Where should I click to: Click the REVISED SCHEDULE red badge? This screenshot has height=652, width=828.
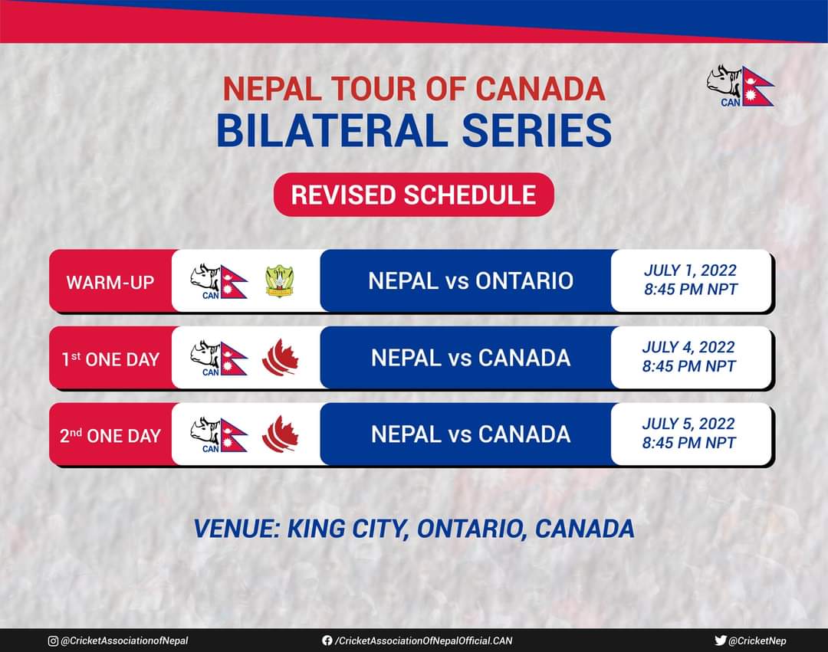413,195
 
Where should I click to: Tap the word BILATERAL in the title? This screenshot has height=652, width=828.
333,130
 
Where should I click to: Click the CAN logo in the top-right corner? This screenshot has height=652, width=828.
741,86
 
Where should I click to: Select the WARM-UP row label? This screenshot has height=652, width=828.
110,282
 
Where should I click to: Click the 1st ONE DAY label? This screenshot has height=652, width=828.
110,359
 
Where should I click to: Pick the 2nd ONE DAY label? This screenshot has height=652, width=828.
110,436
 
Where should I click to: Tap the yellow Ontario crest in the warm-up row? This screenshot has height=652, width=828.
280,281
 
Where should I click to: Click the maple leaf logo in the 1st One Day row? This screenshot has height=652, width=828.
280,358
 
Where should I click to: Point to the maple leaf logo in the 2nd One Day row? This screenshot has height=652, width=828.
280,434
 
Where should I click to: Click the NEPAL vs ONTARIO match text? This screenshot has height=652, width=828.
471,280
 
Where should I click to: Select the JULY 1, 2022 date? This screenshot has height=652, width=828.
690,270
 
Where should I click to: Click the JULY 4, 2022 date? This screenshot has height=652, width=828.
688,346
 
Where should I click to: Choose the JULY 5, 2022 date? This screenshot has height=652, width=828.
688,424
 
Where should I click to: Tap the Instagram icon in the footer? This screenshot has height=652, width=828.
53,641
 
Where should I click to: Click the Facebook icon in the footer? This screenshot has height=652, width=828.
327,641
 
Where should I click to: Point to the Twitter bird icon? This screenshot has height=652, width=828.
720,641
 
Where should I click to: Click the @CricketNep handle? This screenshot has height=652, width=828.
757,641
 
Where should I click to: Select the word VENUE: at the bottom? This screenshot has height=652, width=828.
237,529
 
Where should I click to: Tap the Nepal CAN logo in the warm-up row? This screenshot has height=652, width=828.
219,281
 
